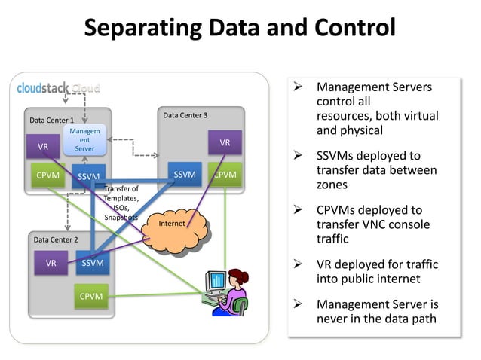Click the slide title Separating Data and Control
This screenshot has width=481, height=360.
pyautogui.click(x=240, y=28)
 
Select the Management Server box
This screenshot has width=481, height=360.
pyautogui.click(x=84, y=141)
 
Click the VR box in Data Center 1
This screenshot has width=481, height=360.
pyautogui.click(x=43, y=146)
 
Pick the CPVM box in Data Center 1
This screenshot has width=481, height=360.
pyautogui.click(x=50, y=176)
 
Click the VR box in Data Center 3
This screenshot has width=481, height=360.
pyautogui.click(x=225, y=142)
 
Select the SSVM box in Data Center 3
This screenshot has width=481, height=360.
pyautogui.click(x=184, y=175)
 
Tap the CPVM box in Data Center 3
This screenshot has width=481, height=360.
pyautogui.click(x=225, y=175)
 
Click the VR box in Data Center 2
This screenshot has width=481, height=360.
pyautogui.click(x=51, y=263)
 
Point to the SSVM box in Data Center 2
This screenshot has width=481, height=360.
pyautogui.click(x=93, y=263)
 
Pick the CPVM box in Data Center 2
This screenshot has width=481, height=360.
pyautogui.click(x=91, y=296)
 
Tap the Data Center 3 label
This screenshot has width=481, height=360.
pyautogui.click(x=185, y=115)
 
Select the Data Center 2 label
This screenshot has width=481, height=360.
pyautogui.click(x=55, y=239)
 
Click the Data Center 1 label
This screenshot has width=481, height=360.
pyautogui.click(x=51, y=120)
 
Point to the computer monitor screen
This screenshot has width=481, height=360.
pyautogui.click(x=216, y=281)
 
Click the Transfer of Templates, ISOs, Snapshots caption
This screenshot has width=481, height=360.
pyautogui.click(x=121, y=203)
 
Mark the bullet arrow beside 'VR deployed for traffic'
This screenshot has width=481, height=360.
pyautogui.click(x=298, y=265)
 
